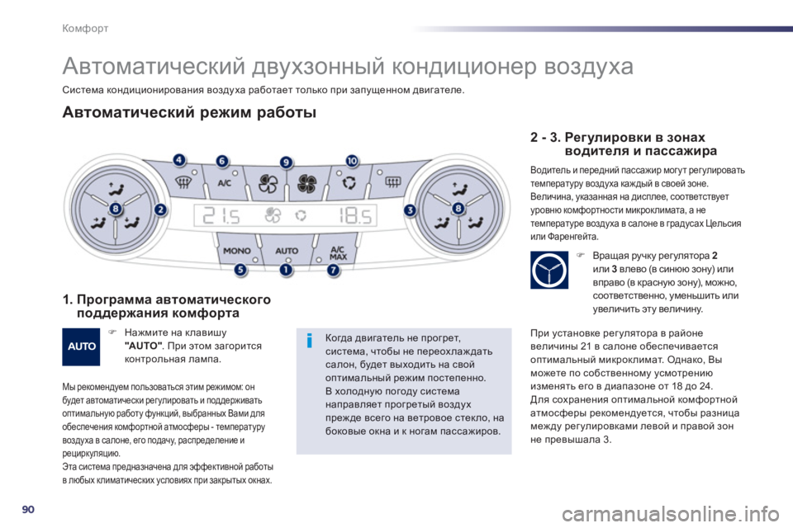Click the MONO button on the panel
pos(238,250)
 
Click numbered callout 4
pos(179,160)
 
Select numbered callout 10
pos(352,161)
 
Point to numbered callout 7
pos(333,271)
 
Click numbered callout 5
pos(240,270)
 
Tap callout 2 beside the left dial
pos(160,210)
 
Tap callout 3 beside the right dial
pos(410,210)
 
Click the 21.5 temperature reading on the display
pos(221,216)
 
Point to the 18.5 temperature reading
pos(355,216)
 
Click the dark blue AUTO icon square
pos(81,346)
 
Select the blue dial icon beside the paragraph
pos(549,270)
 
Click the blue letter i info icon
pos(310,341)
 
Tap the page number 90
pos(28,509)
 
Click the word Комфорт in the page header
pos(85,28)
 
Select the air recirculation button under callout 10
pos(348,183)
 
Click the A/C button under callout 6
pos(225,183)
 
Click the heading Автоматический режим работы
pos(189,112)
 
